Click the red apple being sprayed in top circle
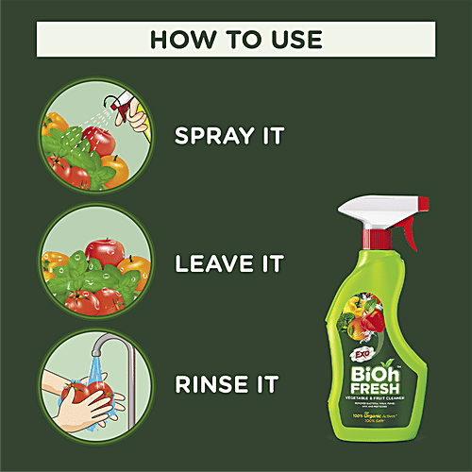pos(98,143)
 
